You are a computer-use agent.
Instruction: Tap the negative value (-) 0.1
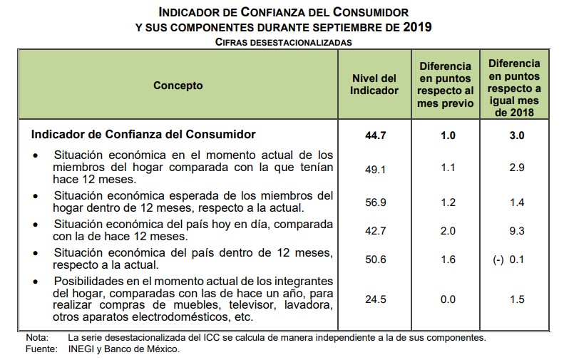[510, 259]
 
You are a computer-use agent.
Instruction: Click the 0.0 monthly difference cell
[448, 299]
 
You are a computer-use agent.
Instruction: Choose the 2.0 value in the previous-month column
[448, 231]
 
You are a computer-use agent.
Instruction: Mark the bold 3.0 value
[516, 135]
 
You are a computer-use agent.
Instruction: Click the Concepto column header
[178, 86]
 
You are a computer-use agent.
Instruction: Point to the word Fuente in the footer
[40, 349]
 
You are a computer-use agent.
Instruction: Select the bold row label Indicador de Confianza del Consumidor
[143, 133]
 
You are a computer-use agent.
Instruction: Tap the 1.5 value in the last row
[516, 299]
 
